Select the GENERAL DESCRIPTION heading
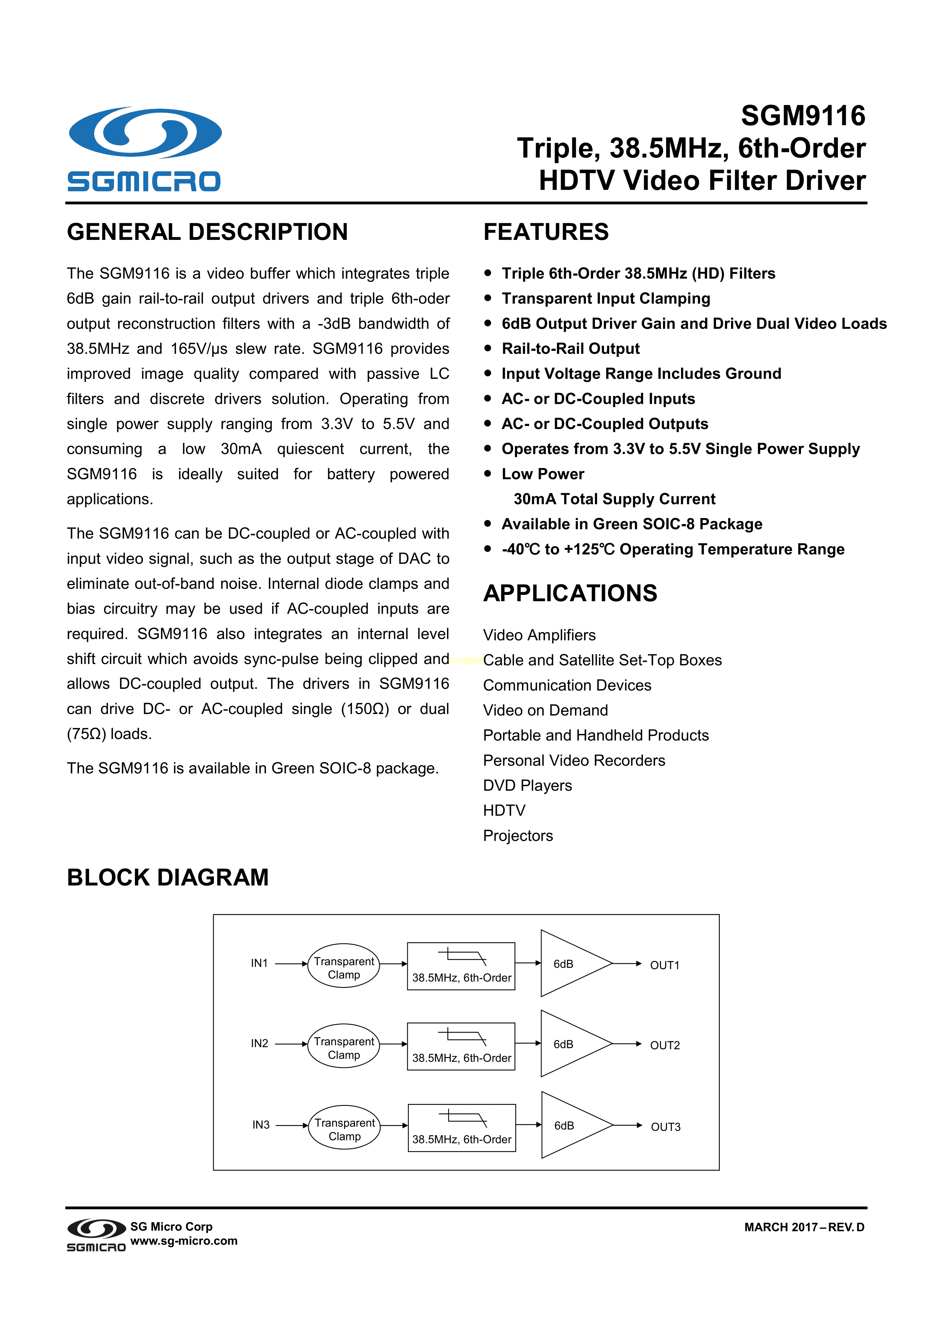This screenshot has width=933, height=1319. (x=208, y=232)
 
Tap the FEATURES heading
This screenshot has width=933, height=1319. (x=546, y=232)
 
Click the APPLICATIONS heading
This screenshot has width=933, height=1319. (x=570, y=593)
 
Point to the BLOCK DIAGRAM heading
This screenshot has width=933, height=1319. (x=168, y=877)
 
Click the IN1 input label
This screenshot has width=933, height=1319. (x=259, y=963)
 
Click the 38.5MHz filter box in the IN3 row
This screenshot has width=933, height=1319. (x=461, y=1128)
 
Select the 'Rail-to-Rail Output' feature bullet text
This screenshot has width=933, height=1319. (x=570, y=349)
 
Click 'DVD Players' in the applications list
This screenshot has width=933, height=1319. (x=527, y=785)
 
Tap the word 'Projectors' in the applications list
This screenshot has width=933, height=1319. (x=517, y=835)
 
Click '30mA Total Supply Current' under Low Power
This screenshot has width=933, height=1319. (x=614, y=499)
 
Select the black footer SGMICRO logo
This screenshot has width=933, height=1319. (x=96, y=1235)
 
